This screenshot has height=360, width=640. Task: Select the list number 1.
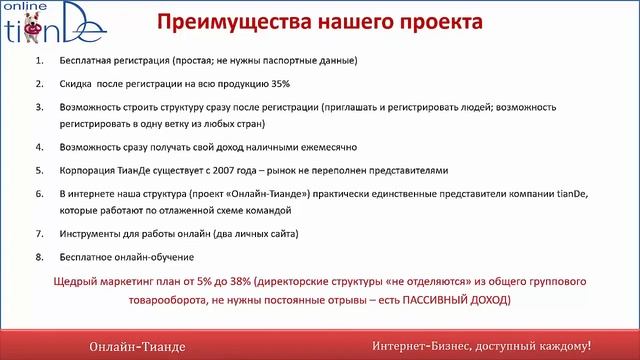40,60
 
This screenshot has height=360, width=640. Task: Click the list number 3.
40,104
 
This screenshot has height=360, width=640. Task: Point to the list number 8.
40,255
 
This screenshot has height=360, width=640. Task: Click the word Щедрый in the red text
119,282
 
